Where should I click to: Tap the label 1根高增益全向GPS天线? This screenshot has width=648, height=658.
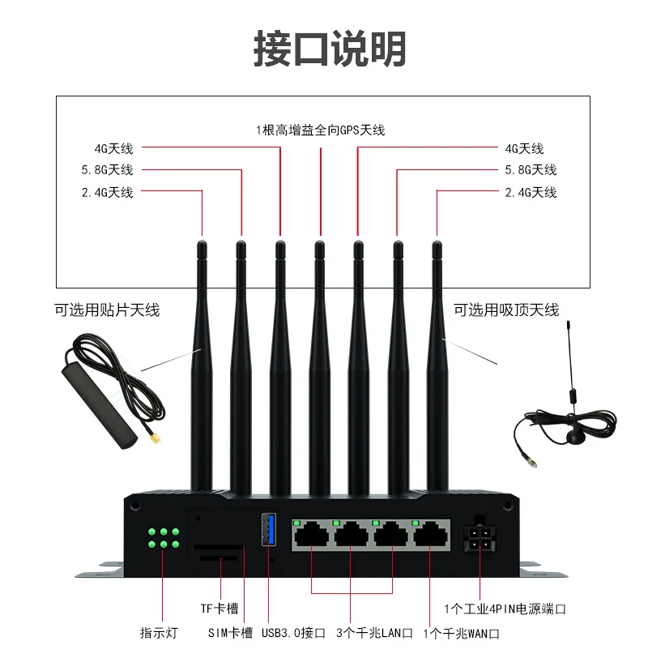pyautogui.click(x=320, y=130)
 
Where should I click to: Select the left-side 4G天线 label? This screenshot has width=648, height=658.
pyautogui.click(x=113, y=148)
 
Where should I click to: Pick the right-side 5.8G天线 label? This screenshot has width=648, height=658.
pyautogui.click(x=531, y=170)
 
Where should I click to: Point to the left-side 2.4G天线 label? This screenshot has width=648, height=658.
pyautogui.click(x=107, y=192)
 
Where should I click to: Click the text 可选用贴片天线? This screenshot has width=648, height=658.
pyautogui.click(x=107, y=310)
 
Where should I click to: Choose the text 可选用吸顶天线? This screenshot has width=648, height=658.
pyautogui.click(x=506, y=310)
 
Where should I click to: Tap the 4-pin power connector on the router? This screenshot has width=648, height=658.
pyautogui.click(x=479, y=539)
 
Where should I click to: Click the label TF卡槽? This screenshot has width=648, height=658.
pyautogui.click(x=220, y=608)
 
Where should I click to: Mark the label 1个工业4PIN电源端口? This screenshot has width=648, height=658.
pyautogui.click(x=505, y=608)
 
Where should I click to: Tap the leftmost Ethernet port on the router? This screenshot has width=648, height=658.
pyautogui.click(x=311, y=535)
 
